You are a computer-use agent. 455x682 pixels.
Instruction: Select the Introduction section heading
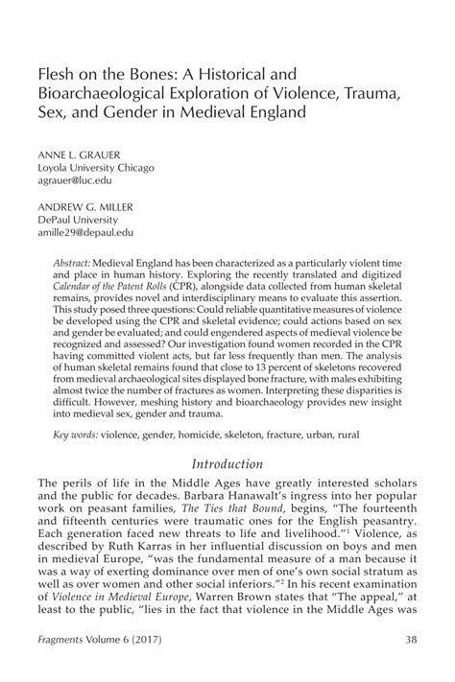point(227,465)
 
